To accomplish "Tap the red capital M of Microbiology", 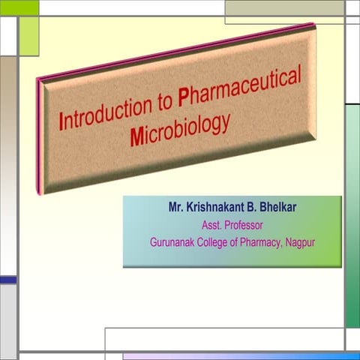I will click(136, 138).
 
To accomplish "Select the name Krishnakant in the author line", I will click(217, 208).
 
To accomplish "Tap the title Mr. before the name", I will click(177, 208).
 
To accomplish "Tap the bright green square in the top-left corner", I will click(19, 7).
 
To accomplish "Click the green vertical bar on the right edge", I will click(352, 217).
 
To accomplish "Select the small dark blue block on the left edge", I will click(7, 280).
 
